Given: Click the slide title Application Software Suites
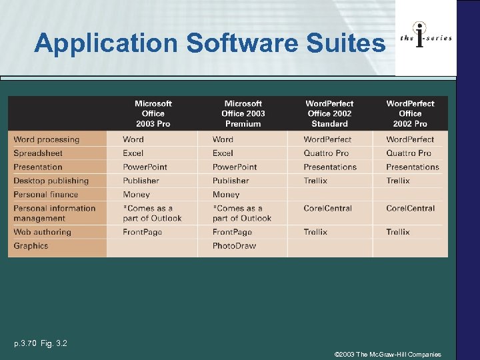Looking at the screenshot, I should tap(209, 43).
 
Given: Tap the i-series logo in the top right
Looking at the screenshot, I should tap(425, 38).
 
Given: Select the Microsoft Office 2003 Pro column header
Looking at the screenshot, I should tap(153, 113).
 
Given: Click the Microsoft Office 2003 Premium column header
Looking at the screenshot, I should tap(243, 113).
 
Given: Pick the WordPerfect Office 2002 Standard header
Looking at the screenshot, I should tap(329, 113).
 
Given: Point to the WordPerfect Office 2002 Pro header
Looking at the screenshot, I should tap(410, 113).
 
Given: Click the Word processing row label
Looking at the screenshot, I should tap(46, 139).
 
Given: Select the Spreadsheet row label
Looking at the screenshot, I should tap(38, 153).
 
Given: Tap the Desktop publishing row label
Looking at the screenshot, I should tap(51, 181).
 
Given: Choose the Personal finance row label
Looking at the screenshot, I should tap(45, 195).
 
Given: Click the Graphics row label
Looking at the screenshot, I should tap(31, 246).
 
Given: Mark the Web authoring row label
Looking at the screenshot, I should tap(42, 232).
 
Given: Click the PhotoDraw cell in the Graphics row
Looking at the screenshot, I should tap(234, 246).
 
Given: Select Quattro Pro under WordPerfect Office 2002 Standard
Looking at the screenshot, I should tap(326, 153).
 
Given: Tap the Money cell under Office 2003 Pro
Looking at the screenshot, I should tap(136, 195).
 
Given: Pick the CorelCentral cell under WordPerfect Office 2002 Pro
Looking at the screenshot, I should tap(410, 208).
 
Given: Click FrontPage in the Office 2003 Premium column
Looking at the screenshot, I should tap(232, 232).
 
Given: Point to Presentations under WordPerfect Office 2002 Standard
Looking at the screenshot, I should tap(330, 167).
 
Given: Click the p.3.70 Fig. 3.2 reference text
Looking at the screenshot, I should tap(41, 343).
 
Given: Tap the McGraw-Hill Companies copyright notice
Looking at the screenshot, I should tap(387, 355).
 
